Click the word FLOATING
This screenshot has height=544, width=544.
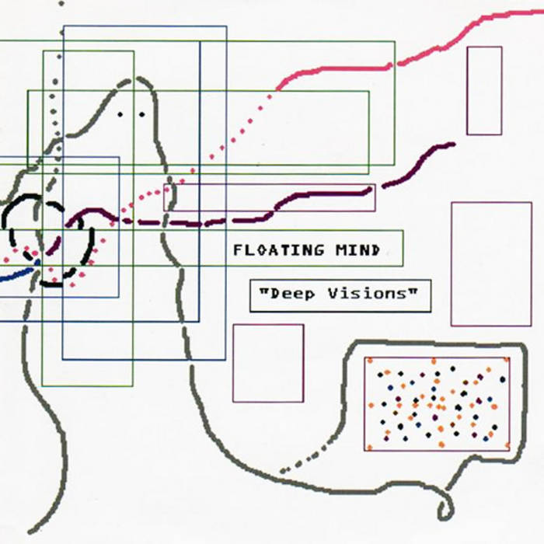pos(278,250)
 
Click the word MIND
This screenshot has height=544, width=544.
pos(357,250)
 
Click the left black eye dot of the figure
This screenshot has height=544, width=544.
pos(120,114)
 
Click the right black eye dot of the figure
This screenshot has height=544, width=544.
pos(142,114)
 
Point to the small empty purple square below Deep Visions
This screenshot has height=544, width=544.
pos(268,363)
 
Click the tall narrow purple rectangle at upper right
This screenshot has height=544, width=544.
pos(484,91)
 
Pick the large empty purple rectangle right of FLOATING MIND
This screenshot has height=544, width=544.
pos(491,264)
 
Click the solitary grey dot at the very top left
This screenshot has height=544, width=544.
pos(61,4)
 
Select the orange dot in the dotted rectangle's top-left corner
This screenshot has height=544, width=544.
pos(370,361)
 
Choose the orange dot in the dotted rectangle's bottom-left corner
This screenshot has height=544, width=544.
pos(369,448)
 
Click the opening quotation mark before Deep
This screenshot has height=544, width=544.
pos(264,291)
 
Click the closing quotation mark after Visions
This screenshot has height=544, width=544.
pos(413,291)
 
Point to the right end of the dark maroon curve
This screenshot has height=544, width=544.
pos(453,144)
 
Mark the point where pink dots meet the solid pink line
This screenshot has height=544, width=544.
pos(277,89)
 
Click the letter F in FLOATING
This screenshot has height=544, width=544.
pos(237,250)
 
